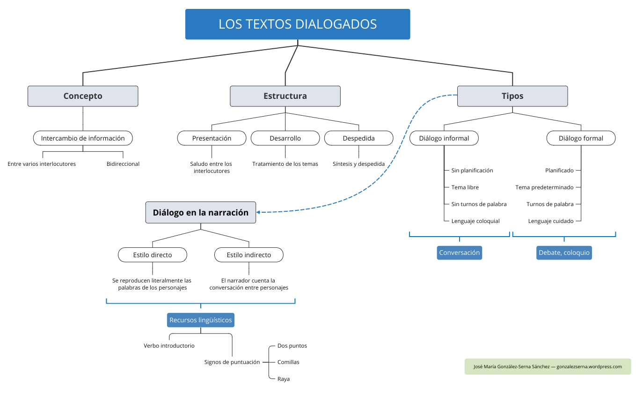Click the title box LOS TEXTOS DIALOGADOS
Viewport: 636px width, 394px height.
click(298, 24)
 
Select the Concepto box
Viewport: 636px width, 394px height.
click(83, 96)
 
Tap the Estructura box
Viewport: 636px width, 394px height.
click(285, 96)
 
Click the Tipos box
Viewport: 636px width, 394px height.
click(512, 96)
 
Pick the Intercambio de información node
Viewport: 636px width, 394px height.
click(83, 138)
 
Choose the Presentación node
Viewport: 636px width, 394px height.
click(212, 138)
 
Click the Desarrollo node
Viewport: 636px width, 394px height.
click(285, 138)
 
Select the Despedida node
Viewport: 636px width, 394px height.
click(358, 138)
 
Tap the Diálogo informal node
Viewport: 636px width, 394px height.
click(444, 138)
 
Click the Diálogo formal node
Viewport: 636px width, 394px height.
click(581, 138)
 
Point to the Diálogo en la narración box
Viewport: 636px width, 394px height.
click(200, 212)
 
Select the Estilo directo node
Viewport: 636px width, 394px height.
click(153, 255)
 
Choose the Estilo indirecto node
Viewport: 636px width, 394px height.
click(249, 255)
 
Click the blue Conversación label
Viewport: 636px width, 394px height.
click(459, 253)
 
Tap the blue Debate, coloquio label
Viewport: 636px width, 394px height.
click(564, 253)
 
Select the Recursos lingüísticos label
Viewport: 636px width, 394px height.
click(200, 320)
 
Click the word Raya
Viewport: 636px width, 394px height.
click(284, 379)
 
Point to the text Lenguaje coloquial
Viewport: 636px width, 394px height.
click(475, 221)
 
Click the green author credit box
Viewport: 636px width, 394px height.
click(548, 366)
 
